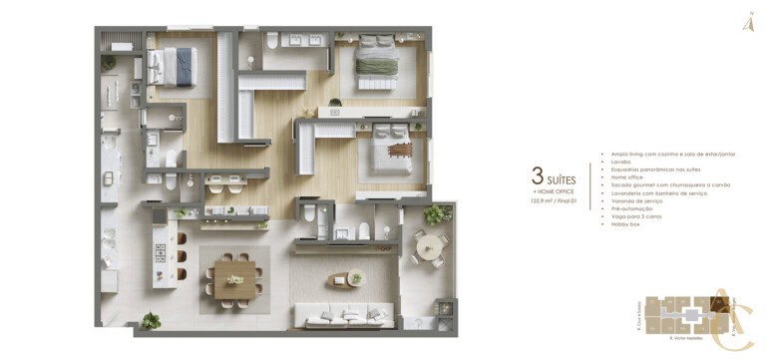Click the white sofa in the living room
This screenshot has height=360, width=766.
click(x=344, y=317)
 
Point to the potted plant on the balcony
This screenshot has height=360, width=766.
click(x=437, y=212)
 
